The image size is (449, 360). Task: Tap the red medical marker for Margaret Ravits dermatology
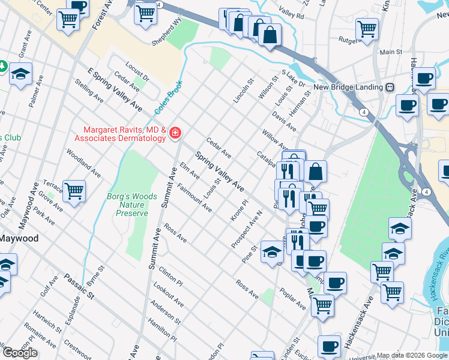tap(175, 133)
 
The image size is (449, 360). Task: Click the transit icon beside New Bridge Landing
tap(390, 88)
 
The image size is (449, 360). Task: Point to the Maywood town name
tap(19, 238)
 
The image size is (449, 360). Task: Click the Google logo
tap(20, 353)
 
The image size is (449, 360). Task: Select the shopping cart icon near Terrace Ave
tap(74, 191)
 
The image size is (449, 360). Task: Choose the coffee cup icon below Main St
tap(425, 78)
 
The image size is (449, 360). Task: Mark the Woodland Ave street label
tap(85, 157)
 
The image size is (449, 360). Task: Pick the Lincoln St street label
tap(243, 90)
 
